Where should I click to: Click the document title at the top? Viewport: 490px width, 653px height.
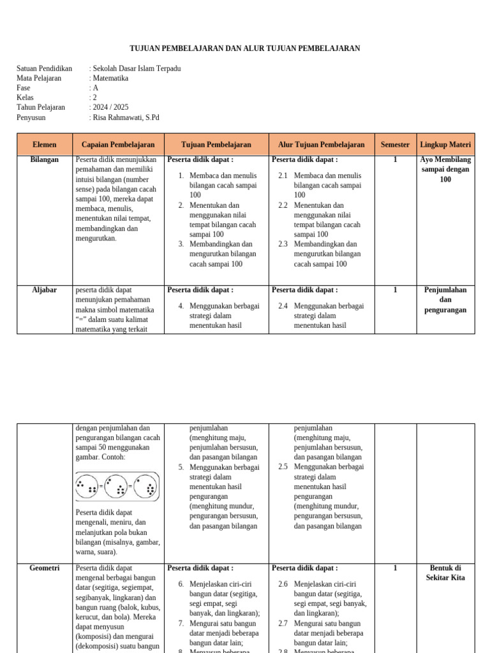coord(245,48)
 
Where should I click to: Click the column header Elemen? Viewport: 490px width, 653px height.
coord(45,145)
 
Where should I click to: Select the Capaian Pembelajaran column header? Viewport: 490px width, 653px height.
coord(119,145)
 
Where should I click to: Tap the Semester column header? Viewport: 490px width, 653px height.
coord(395,145)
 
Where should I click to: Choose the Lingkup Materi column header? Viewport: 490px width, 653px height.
coord(445,145)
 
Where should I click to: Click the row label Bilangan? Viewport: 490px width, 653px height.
coord(45,160)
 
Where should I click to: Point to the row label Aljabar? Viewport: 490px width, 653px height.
coord(45,290)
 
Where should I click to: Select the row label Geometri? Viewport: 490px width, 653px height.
coord(45,568)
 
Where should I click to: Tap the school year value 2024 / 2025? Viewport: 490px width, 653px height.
coord(110,108)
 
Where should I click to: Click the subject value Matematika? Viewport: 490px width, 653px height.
coord(110,78)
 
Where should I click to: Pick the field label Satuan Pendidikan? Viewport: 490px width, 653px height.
coord(44,69)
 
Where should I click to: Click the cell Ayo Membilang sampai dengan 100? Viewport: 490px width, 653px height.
coord(445,170)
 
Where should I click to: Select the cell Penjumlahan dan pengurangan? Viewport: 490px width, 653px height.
coord(445,300)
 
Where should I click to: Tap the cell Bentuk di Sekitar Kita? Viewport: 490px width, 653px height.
coord(445,573)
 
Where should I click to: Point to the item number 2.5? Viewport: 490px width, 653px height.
coord(283,467)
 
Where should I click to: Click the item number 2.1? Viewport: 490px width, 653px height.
coord(283,175)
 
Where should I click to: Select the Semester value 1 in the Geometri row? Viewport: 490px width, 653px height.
coord(395,568)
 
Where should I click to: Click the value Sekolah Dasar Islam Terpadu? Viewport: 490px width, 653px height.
coord(137,69)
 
